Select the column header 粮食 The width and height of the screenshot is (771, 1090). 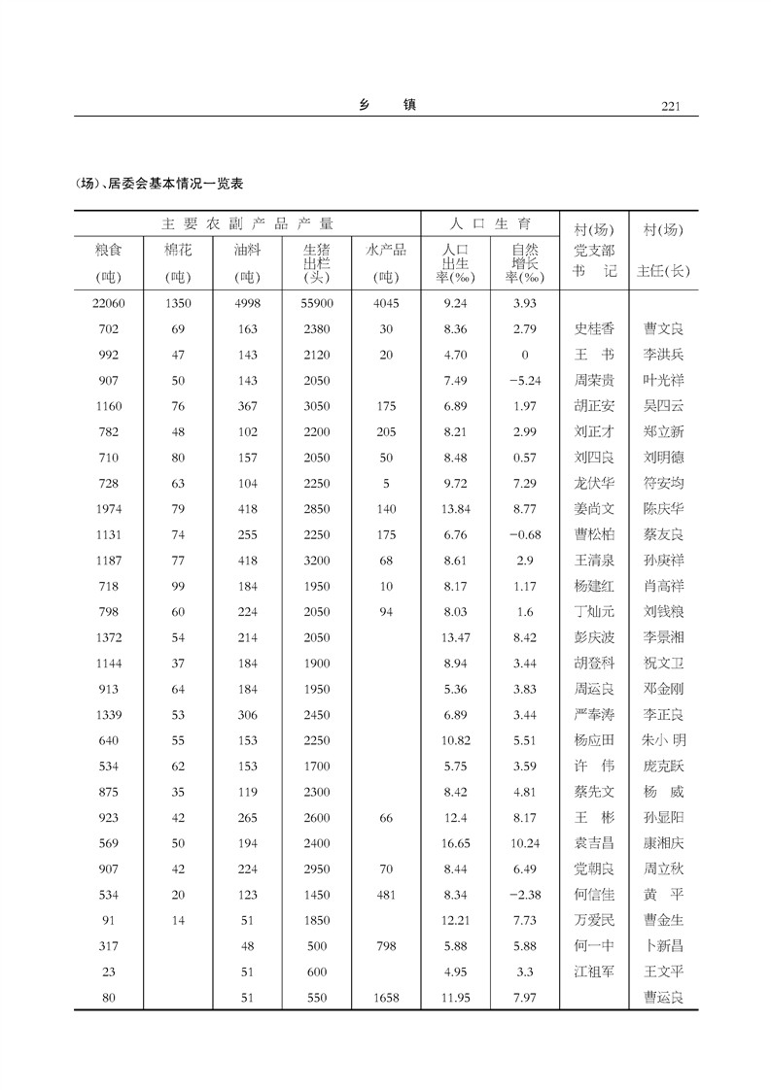point(109,251)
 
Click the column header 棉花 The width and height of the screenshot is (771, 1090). point(178,251)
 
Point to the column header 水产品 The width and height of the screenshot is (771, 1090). point(386,250)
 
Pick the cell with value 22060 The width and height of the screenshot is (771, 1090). point(109,303)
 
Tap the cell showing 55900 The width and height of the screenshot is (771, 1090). point(317,303)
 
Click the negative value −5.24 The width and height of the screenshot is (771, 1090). point(524,381)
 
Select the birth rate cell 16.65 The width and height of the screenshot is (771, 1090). point(455,843)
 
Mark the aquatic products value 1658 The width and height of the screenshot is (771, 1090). point(386,997)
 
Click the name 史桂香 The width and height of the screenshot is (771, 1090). point(594,329)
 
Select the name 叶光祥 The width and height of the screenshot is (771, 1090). point(663,381)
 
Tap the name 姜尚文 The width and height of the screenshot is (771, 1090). point(594,509)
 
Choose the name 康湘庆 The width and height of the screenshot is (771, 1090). point(663,843)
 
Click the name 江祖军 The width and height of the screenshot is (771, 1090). point(594,971)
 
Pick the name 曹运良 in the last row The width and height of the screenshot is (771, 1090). point(663,997)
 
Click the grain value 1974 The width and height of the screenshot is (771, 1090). point(109,509)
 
